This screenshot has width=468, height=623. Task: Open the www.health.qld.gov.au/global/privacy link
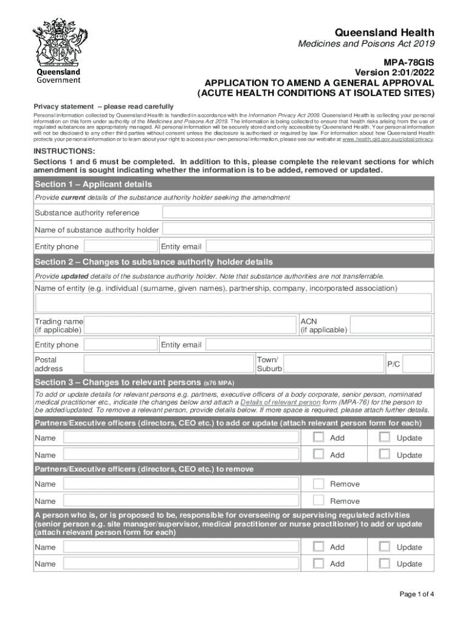[388, 139]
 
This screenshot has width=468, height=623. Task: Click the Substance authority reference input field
[297, 212]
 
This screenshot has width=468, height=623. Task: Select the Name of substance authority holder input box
[297, 229]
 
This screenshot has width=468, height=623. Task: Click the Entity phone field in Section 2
[120, 345]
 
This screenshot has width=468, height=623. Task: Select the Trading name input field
[191, 325]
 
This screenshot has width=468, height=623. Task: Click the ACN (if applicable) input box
[390, 325]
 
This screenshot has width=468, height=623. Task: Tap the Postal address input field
[168, 364]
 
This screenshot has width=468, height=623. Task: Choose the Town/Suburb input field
[332, 364]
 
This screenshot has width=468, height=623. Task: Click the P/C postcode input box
[418, 364]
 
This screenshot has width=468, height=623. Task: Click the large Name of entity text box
[234, 302]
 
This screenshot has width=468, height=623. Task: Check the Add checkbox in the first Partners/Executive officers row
[318, 437]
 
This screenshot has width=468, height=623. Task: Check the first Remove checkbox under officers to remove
[318, 484]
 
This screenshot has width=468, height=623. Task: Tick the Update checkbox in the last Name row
[385, 563]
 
